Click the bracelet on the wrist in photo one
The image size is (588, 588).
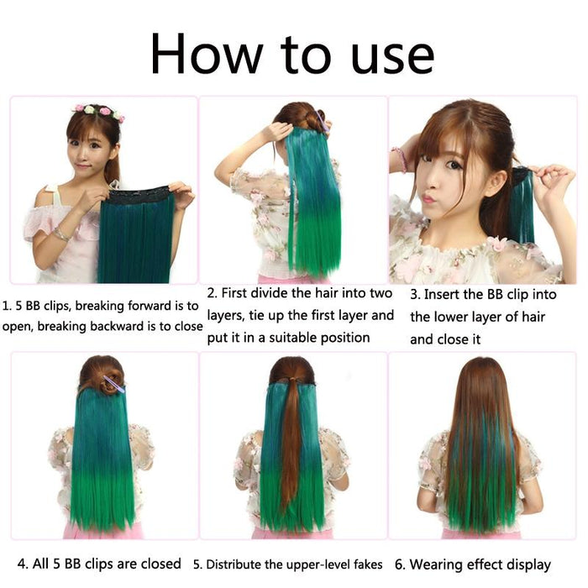[x=60, y=234]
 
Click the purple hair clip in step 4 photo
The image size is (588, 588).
[x=113, y=385]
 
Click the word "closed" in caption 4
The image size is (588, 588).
[x=156, y=563]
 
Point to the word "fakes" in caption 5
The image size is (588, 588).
[x=365, y=564]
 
